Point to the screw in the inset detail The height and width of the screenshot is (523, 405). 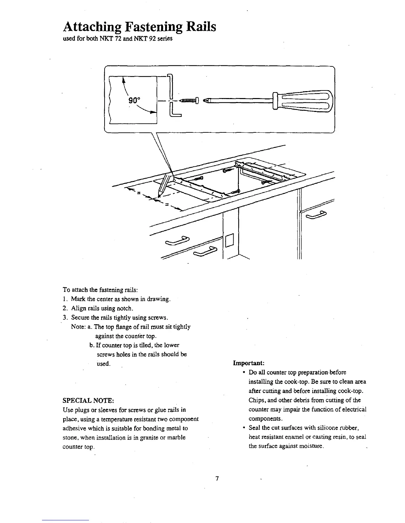(188, 100)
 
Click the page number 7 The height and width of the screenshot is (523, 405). (217, 479)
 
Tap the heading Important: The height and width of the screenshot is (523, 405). (248, 363)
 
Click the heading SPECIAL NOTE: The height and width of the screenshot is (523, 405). (88, 401)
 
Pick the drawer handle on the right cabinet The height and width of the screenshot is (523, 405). (316, 216)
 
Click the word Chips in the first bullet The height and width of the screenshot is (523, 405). (256, 400)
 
